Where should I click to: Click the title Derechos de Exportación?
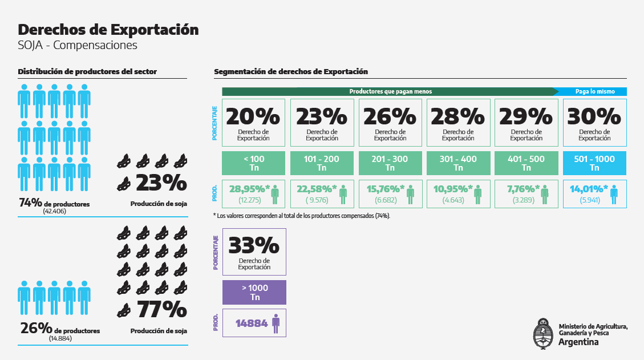click(x=108, y=30)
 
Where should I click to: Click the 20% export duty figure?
click(x=253, y=116)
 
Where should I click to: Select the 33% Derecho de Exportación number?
click(x=254, y=245)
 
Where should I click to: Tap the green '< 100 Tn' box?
click(x=253, y=163)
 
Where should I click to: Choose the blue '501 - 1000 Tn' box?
click(x=594, y=163)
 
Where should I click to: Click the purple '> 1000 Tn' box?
click(x=254, y=292)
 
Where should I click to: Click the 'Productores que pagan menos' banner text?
click(x=390, y=91)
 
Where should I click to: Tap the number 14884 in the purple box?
click(x=252, y=323)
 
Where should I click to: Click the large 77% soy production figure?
click(x=161, y=309)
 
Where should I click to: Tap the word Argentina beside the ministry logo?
click(x=578, y=342)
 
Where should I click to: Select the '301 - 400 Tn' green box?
click(x=458, y=163)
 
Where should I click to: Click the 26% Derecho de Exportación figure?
click(x=390, y=116)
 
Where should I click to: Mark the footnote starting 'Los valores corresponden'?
click(x=302, y=216)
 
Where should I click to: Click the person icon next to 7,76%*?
click(x=545, y=194)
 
